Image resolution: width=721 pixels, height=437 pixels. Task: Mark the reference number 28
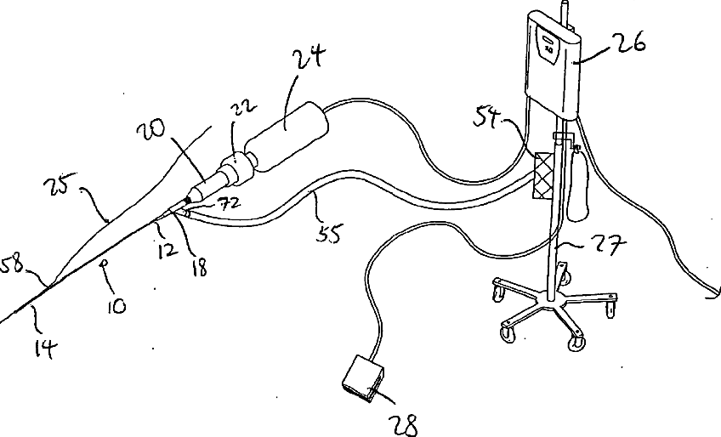tap(406, 423)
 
